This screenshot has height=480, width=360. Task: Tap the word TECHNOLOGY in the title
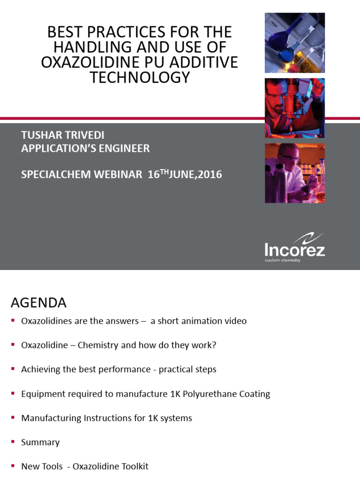coord(140,77)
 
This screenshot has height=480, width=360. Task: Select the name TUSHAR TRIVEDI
coord(63,135)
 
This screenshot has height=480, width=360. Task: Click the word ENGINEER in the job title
coord(125,149)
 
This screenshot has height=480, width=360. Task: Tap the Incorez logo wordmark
coord(294,249)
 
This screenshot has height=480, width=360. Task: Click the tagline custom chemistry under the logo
coord(283,260)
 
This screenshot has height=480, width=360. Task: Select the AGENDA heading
coord(39,303)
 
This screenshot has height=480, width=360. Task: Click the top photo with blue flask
coord(294,43)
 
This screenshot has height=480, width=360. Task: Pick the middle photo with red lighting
coord(294,108)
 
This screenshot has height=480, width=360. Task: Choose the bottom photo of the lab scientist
coord(294,173)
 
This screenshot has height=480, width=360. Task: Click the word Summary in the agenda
coord(41,442)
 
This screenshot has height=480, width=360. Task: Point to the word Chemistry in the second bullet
coord(97,345)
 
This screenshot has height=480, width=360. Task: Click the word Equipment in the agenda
coord(43,394)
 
